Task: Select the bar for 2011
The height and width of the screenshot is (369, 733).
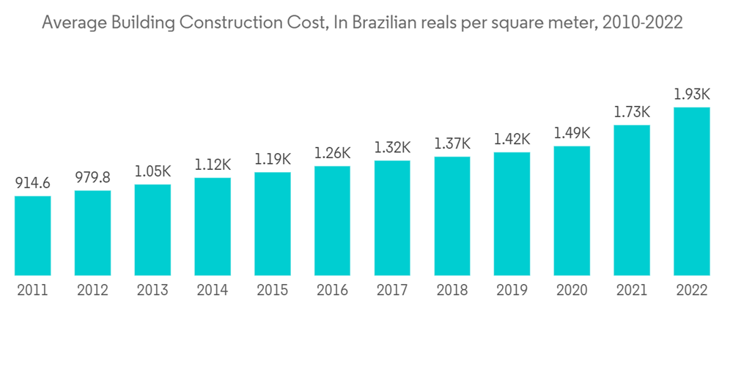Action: [x=33, y=236]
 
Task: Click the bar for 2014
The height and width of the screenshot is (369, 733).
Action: [x=213, y=226]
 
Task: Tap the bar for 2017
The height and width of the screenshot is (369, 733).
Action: [x=392, y=217]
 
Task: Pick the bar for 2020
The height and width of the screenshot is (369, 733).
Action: [x=572, y=211]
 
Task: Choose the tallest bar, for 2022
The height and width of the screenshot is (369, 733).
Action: [x=692, y=191]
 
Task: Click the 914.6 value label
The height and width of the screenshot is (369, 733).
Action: [x=33, y=183]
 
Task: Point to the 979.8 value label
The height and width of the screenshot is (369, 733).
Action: [x=93, y=177]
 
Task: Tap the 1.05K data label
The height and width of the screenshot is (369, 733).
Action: [x=152, y=171]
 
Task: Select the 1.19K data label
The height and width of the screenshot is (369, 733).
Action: [x=273, y=159]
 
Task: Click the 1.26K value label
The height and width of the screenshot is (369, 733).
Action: [x=333, y=153]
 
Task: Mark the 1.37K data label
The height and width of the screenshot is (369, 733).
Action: [x=452, y=143]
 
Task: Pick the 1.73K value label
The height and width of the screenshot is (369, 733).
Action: [x=632, y=112]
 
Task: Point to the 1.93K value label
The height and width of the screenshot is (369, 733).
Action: [x=692, y=94]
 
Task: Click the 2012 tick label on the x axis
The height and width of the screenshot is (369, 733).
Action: [x=93, y=291]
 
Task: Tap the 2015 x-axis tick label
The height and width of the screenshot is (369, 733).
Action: [x=273, y=291]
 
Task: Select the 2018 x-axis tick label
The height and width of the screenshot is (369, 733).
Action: [x=452, y=291]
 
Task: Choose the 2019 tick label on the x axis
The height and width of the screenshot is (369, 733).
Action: [x=512, y=291]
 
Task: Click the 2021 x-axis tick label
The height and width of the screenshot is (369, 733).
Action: [x=632, y=291]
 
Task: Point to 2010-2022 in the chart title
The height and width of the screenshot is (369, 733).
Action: [x=642, y=23]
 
